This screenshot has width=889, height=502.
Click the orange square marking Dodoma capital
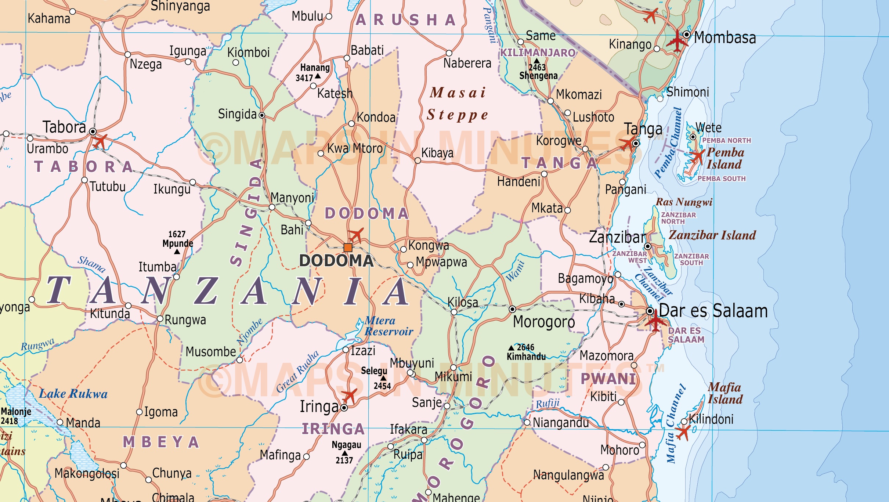[x=348, y=247]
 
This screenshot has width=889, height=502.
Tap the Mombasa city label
[x=725, y=38]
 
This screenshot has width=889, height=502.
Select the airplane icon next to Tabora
[x=100, y=141]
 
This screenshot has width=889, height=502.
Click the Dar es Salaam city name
[x=713, y=311]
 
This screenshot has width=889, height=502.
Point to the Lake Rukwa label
[x=73, y=394]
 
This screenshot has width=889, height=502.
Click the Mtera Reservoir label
[x=389, y=326]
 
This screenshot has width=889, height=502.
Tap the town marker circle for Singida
[x=262, y=115]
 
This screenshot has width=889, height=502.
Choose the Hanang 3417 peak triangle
[x=318, y=76]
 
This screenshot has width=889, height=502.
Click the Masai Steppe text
[x=458, y=104]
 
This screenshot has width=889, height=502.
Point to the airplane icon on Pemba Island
[x=697, y=156]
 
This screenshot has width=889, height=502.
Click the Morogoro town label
[x=544, y=322]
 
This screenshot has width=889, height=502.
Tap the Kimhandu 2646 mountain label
[x=526, y=352]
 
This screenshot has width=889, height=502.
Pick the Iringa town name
[x=319, y=407]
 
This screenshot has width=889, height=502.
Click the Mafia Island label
[x=725, y=393]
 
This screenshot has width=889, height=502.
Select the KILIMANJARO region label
[x=538, y=53]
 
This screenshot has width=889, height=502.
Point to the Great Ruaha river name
[x=297, y=372]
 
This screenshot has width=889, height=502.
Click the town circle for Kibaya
[x=418, y=160]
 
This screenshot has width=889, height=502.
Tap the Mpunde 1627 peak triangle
[x=177, y=252]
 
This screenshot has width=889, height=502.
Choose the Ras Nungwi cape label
[x=684, y=202]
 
